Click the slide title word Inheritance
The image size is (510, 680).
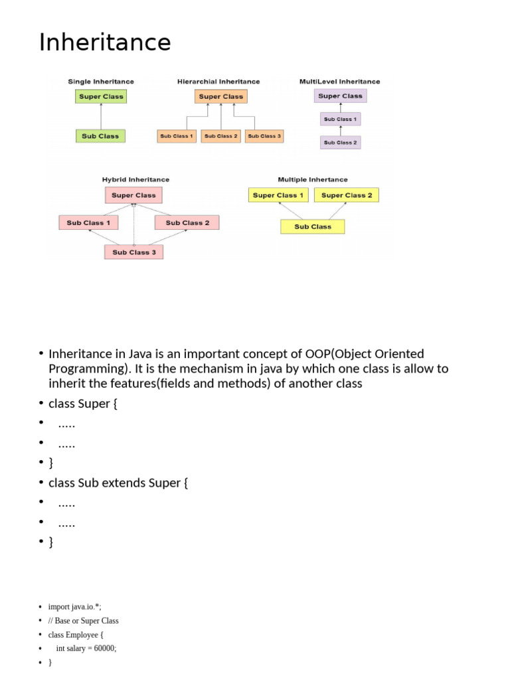click(105, 42)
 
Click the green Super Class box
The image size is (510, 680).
click(100, 96)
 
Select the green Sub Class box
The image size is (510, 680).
click(100, 136)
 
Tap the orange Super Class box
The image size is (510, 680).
click(221, 96)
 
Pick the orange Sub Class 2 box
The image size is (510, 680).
click(220, 136)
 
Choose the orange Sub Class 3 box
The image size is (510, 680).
click(264, 136)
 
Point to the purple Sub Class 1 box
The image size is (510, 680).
click(340, 120)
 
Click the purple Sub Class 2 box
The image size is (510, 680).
click(340, 142)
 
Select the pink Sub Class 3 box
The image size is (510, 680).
click(133, 252)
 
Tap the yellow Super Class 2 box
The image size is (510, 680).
click(347, 195)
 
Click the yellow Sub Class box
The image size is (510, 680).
click(312, 226)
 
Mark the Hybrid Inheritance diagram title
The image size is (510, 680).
click(135, 179)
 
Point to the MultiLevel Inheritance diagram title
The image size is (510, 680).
click(340, 82)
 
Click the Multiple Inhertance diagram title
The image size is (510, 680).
click(312, 179)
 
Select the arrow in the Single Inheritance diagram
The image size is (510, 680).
click(100, 116)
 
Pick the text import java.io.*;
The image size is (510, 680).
click(75, 607)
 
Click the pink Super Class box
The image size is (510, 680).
click(133, 195)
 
